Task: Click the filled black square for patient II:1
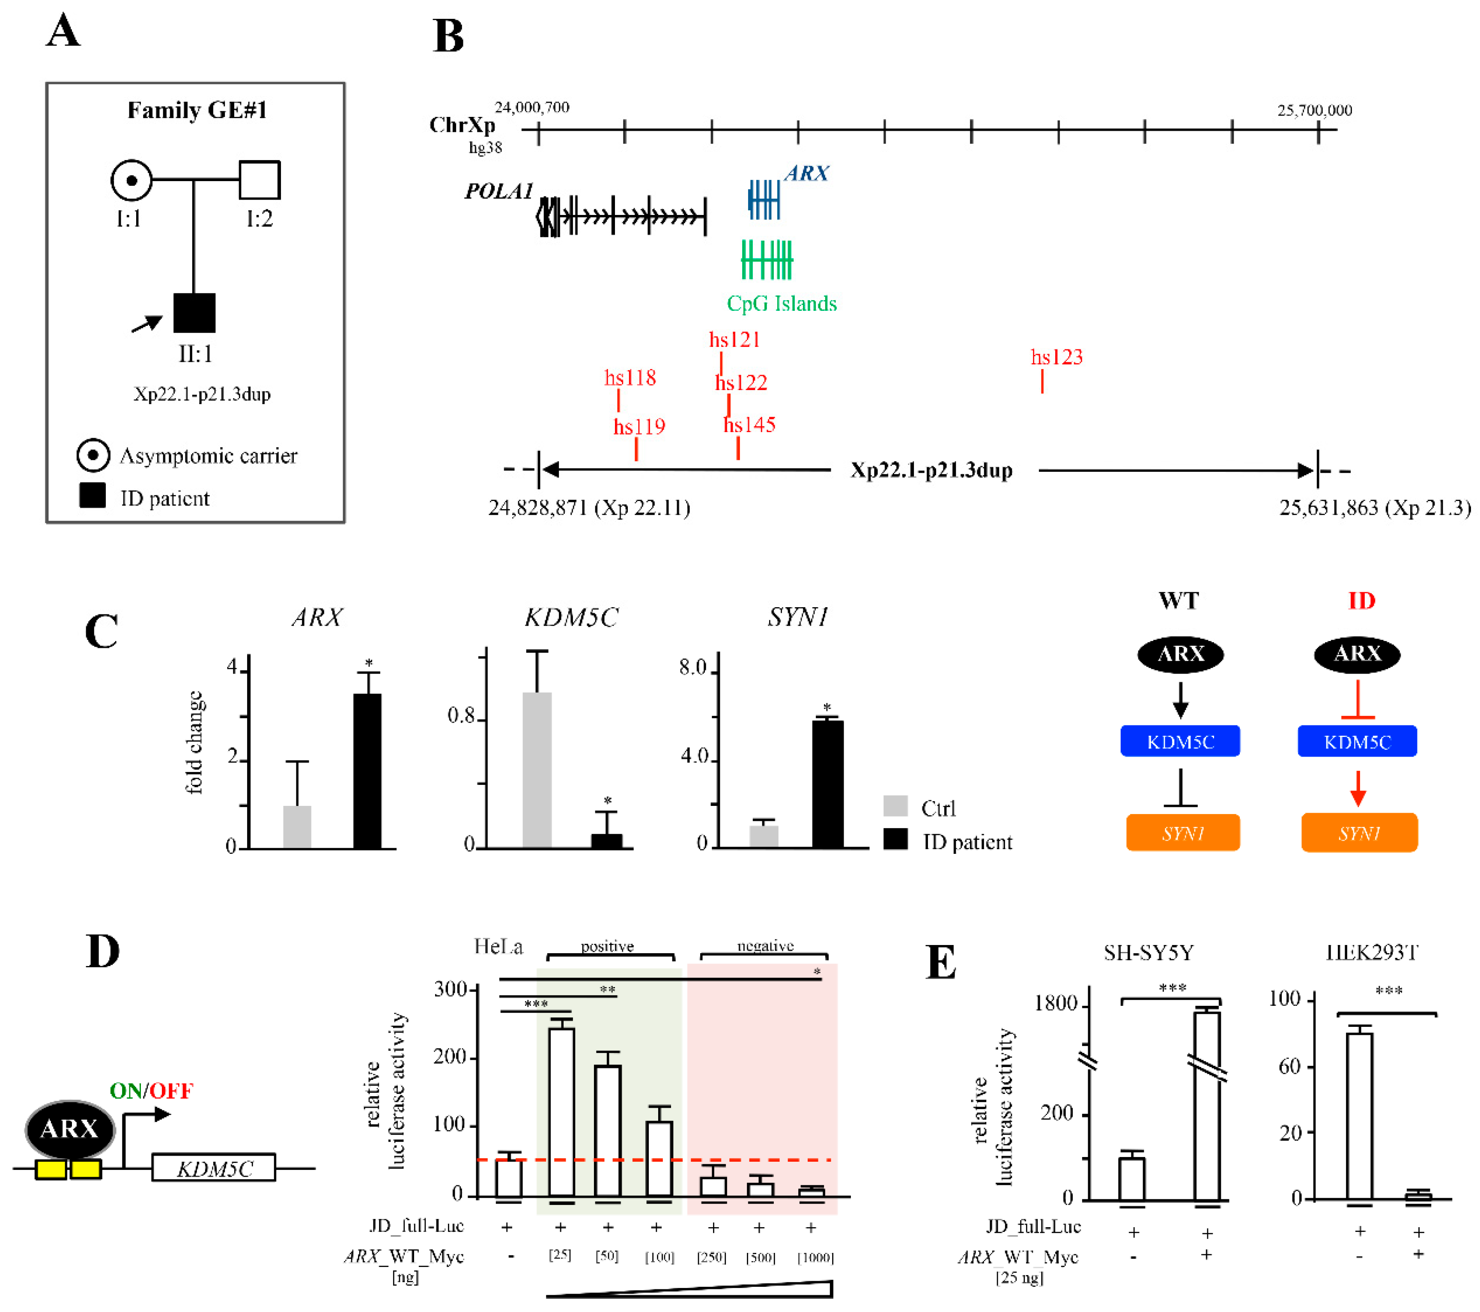click(194, 313)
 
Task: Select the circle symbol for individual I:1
click(131, 180)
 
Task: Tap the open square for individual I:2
click(259, 179)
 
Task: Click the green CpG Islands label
click(781, 304)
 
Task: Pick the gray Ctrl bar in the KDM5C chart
click(537, 769)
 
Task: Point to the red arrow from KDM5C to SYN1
click(1358, 788)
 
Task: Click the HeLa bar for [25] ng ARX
click(561, 1112)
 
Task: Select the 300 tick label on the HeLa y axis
click(450, 989)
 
